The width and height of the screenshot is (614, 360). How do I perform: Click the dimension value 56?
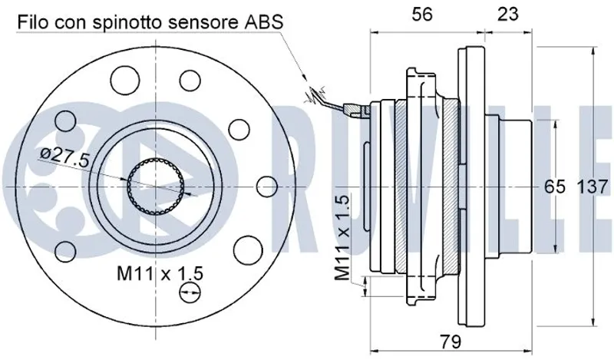(x=422, y=15)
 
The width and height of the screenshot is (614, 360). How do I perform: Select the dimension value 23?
(x=508, y=15)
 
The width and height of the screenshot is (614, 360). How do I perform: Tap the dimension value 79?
(x=451, y=342)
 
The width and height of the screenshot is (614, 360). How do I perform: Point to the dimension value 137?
(x=593, y=187)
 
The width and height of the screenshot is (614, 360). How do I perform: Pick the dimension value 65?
(x=555, y=187)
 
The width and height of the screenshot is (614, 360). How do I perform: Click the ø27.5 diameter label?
(x=65, y=157)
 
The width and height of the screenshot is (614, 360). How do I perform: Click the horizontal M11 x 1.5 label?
(x=160, y=273)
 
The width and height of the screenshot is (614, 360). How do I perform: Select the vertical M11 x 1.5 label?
(x=342, y=238)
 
